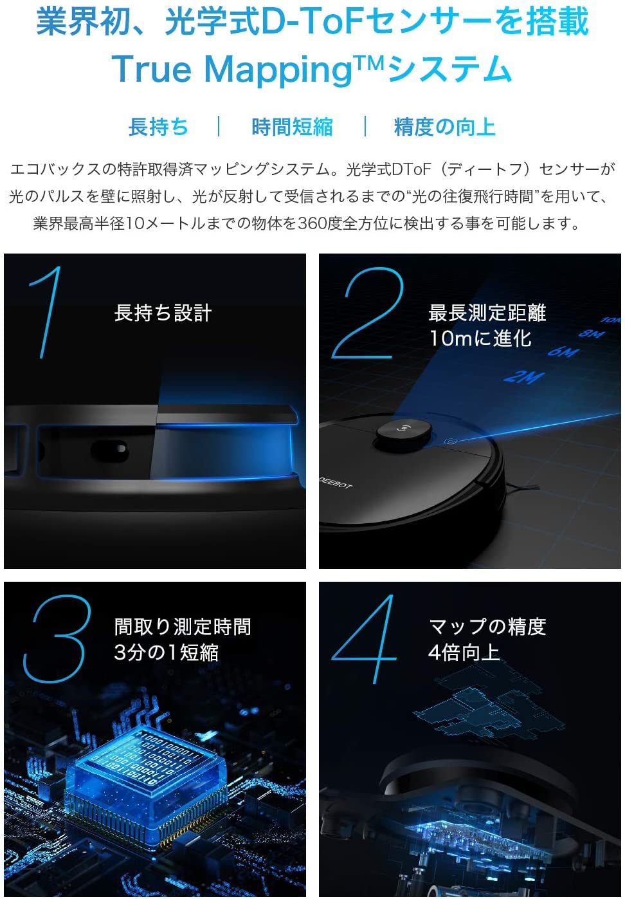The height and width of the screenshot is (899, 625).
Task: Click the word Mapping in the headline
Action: tap(278, 70)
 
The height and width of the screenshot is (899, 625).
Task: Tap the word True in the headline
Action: tap(152, 69)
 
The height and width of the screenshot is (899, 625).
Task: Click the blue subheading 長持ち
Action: tap(158, 127)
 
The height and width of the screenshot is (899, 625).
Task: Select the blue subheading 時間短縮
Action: tap(292, 127)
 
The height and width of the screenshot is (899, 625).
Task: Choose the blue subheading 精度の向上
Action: tap(444, 127)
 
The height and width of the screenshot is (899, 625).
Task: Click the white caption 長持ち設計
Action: tap(163, 313)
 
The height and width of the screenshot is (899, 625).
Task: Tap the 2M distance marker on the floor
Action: tap(523, 377)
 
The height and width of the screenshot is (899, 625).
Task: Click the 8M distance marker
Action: tap(592, 334)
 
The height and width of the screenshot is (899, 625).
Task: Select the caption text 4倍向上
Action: tap(464, 652)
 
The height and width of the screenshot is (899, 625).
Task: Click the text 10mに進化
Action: tap(480, 338)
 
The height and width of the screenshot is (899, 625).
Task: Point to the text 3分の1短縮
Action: tap(166, 652)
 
